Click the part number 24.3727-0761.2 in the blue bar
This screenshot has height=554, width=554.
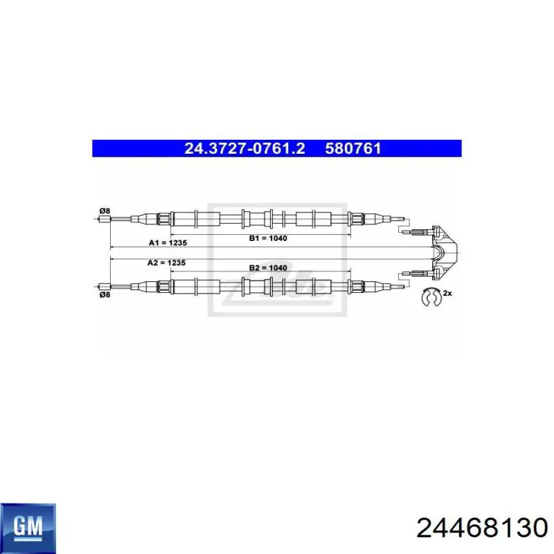(244, 148)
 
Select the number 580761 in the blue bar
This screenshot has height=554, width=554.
(353, 148)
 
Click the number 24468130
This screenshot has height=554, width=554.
(482, 528)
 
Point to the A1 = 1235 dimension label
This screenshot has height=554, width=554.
(168, 243)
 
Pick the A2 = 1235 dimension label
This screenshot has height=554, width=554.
(166, 263)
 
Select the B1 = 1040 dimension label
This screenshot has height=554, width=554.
(268, 238)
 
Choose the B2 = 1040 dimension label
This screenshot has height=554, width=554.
(268, 268)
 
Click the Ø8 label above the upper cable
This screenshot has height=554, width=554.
(105, 211)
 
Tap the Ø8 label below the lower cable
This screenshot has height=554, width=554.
(105, 294)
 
